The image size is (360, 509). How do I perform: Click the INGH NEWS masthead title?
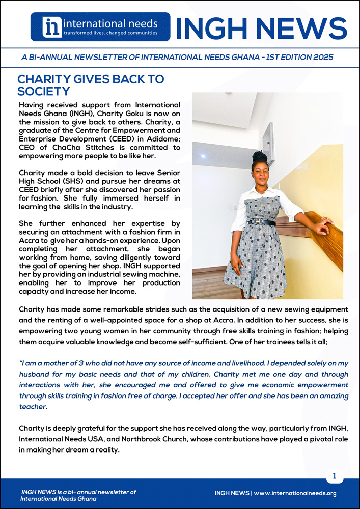261,27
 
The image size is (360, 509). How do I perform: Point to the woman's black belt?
261,222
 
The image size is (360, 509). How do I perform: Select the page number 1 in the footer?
335,476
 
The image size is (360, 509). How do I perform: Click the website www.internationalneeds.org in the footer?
295,493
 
